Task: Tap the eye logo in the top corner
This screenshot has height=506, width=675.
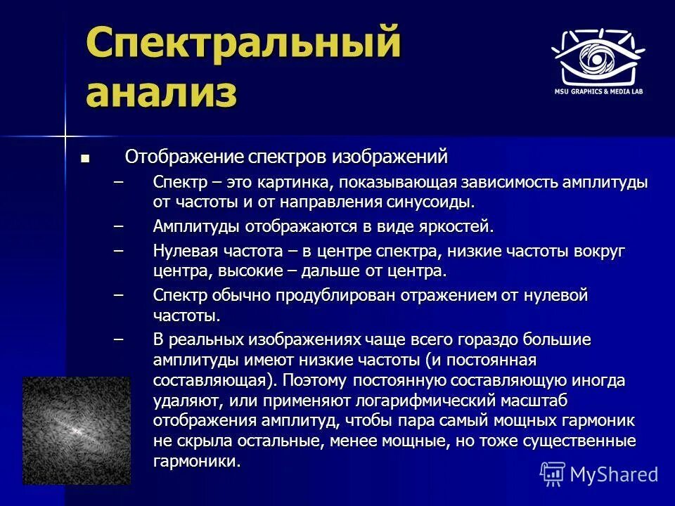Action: [x=598, y=58]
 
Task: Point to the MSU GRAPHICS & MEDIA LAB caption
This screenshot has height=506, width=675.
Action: [x=598, y=91]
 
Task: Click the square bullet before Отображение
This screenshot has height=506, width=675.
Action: [x=85, y=157]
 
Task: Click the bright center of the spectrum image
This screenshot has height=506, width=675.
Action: [x=76, y=429]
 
